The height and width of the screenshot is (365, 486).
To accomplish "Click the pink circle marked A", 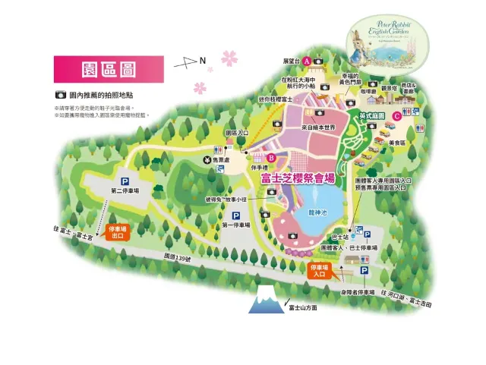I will [x=306, y=61].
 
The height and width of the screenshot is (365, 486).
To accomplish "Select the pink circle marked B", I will [x=260, y=158].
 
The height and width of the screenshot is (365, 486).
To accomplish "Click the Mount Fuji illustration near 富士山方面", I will [x=266, y=300].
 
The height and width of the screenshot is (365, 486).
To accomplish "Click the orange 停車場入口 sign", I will [x=319, y=271].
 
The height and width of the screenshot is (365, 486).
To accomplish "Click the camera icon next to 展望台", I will [x=320, y=61].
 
